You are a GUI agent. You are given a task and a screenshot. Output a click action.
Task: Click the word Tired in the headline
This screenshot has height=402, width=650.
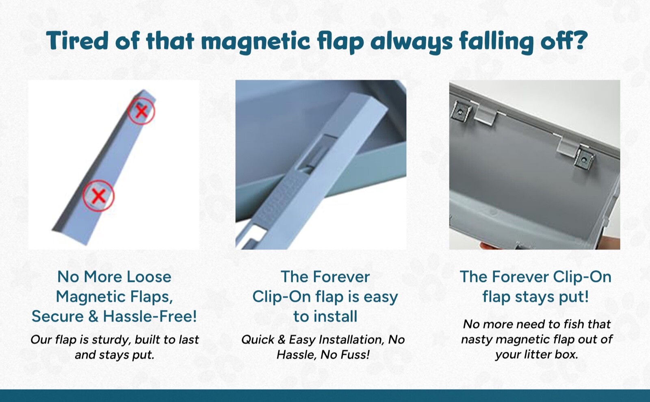coord(78,41)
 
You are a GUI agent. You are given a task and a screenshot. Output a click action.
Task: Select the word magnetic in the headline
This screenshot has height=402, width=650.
coord(256,42)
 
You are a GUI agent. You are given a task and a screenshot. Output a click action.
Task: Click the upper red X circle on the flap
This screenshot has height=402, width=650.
coord(141,111)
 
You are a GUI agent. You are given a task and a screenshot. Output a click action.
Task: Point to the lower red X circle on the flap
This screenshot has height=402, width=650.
coord(98,196)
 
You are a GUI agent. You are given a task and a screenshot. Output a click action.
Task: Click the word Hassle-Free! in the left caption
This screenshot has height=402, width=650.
coord(150,316)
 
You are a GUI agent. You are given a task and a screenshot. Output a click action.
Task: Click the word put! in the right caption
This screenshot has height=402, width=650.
coord(574,297)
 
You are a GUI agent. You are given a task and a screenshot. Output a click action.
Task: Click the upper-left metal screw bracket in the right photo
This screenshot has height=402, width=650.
coord(461,112)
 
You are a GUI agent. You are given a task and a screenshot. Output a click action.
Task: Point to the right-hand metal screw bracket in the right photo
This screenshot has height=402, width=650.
coord(584,159)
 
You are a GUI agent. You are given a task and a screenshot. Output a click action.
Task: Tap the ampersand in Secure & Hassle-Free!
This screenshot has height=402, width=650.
coord(93,316)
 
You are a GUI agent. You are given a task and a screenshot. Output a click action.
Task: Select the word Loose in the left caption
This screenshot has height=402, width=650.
coord(149,277)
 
